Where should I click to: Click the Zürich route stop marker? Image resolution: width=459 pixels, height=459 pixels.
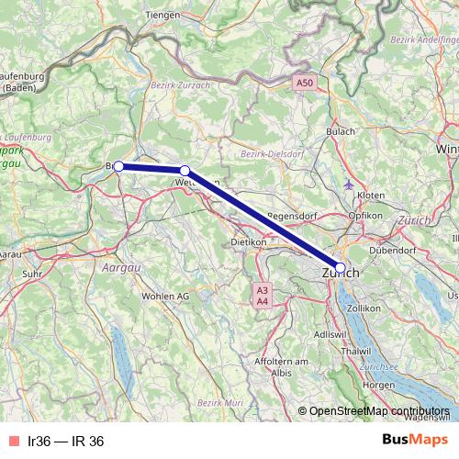click(341, 268)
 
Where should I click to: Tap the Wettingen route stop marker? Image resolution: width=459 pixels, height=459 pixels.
click(185, 171)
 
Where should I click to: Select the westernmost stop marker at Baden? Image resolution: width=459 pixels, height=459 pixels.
click(118, 166)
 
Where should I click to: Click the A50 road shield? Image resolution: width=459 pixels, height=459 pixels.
click(305, 84)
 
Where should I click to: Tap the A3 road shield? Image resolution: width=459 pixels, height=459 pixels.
click(262, 289)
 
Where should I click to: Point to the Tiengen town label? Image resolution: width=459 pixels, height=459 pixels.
click(162, 16)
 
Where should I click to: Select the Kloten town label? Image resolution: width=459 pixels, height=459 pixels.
click(370, 196)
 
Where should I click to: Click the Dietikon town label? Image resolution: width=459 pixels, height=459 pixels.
click(247, 242)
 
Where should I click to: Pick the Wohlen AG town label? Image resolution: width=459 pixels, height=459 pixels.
click(165, 297)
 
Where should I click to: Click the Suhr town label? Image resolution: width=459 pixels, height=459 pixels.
click(33, 273)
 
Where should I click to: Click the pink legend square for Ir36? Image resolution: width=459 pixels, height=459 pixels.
click(13, 442)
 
